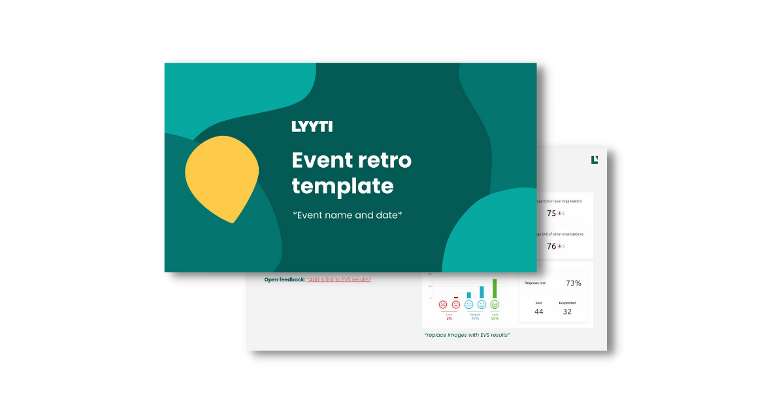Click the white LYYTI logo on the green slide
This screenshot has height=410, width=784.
(x=312, y=126)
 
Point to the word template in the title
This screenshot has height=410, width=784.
(x=342, y=187)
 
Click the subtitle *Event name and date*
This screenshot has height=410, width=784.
(x=347, y=215)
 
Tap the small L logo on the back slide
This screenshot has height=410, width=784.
(x=595, y=159)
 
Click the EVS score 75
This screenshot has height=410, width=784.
(x=551, y=213)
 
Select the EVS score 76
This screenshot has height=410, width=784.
(x=551, y=246)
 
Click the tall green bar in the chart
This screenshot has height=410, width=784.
(x=495, y=289)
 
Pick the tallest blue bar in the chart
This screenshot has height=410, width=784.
(x=482, y=292)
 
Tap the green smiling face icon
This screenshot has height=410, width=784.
(x=495, y=305)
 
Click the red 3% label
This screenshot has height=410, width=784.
(x=449, y=318)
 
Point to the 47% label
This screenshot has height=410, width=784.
(x=475, y=318)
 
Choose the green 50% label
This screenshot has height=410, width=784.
(x=495, y=318)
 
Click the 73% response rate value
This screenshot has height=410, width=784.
(x=573, y=283)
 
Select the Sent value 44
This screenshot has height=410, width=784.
(x=538, y=311)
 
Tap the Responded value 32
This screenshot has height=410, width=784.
(x=567, y=311)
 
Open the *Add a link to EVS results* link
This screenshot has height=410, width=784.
(x=338, y=279)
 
